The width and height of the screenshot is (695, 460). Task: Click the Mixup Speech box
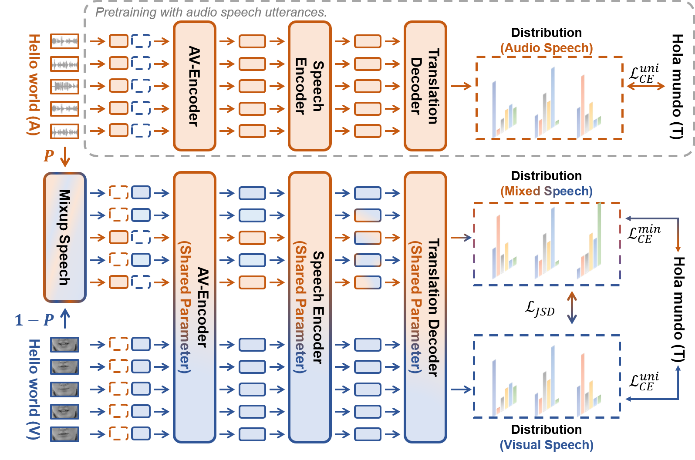click(x=64, y=237)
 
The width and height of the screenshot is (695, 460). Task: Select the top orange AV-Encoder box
click(x=194, y=86)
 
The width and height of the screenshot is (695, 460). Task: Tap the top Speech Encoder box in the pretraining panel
click(x=309, y=86)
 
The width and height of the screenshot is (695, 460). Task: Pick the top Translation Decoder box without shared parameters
click(x=425, y=86)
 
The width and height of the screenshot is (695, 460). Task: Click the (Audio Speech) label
click(x=547, y=48)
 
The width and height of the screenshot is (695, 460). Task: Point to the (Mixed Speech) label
click(x=546, y=191)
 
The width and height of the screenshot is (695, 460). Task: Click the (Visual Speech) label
click(x=547, y=445)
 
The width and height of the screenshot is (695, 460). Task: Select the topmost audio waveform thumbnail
click(x=64, y=41)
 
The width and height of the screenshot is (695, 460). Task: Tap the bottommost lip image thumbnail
click(x=64, y=434)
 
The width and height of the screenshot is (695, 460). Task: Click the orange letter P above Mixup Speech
click(x=49, y=156)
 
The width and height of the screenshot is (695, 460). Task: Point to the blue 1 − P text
click(x=34, y=320)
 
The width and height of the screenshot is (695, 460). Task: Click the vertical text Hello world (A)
click(x=34, y=85)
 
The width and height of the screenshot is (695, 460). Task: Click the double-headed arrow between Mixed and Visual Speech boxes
click(x=572, y=308)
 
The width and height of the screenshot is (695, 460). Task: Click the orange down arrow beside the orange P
click(x=65, y=157)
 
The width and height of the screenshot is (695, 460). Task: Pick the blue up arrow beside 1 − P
click(x=65, y=318)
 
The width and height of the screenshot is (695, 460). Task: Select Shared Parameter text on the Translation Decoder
click(x=416, y=307)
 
